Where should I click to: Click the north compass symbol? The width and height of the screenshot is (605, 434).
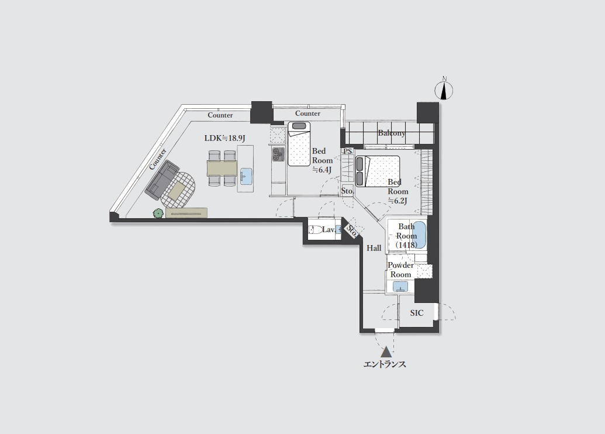(x=444, y=90)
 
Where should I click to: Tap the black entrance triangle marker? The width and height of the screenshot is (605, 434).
(x=385, y=352)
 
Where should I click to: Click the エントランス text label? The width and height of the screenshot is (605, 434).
(x=385, y=364)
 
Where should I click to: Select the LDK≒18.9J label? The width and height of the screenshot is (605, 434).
(x=224, y=138)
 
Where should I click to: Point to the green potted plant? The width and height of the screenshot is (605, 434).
(x=158, y=213)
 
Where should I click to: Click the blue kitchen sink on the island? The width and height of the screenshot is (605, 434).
(x=246, y=176)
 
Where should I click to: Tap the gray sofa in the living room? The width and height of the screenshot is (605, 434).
(x=162, y=181)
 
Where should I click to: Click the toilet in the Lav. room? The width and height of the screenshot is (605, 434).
(x=315, y=229)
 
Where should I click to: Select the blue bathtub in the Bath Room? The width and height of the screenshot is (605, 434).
(x=419, y=235)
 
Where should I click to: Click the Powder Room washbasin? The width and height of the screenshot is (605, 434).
(x=400, y=286)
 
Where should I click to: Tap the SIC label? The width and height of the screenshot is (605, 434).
(x=417, y=313)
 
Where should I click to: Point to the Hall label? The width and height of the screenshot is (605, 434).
(x=374, y=248)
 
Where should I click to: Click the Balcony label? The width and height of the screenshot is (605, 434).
(x=392, y=133)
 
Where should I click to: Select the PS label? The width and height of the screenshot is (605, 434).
(x=348, y=151)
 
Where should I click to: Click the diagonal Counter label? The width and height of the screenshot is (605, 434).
(x=158, y=159)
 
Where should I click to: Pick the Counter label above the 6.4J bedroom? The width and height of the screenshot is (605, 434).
(x=307, y=113)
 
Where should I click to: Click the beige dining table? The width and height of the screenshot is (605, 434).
(x=222, y=168)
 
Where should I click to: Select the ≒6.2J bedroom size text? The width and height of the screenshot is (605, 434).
(x=397, y=201)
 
